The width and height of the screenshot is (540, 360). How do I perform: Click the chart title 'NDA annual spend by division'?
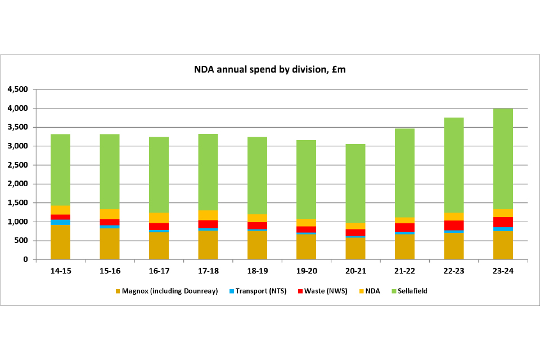(270, 69)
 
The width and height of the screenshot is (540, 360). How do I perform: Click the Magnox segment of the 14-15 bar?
(60, 242)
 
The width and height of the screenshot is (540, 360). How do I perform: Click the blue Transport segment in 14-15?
(60, 222)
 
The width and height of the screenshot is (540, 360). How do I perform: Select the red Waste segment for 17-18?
(208, 224)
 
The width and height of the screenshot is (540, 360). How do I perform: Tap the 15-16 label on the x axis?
(109, 271)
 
